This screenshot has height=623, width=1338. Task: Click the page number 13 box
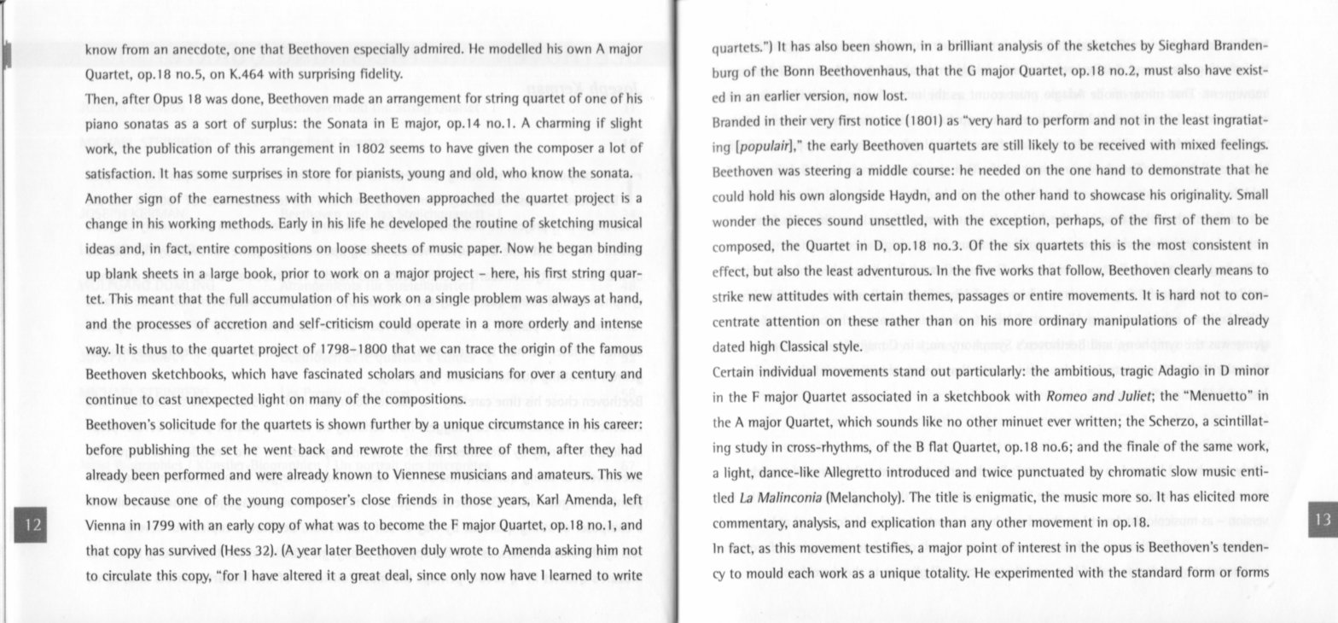pos(1323,520)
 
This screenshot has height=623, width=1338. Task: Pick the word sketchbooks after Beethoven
pos(189,374)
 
